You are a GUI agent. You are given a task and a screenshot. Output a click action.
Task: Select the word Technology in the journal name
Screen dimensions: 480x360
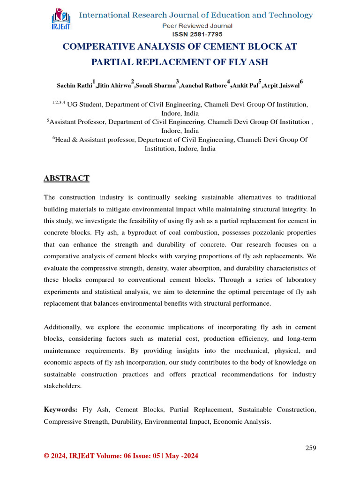(287, 15)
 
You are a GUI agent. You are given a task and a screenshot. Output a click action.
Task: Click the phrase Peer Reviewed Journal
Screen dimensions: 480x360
(197, 26)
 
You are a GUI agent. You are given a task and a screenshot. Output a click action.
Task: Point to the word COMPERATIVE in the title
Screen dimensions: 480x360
(98, 47)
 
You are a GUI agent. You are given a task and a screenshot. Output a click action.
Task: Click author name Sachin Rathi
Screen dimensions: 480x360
(74, 86)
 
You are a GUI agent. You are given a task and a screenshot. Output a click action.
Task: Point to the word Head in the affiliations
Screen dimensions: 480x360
(64, 140)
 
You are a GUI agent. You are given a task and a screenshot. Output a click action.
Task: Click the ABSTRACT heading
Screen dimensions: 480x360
(66, 178)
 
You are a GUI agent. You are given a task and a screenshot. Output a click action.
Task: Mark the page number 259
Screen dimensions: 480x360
(311, 448)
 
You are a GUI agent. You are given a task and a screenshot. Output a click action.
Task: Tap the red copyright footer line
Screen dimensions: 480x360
(121, 456)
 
